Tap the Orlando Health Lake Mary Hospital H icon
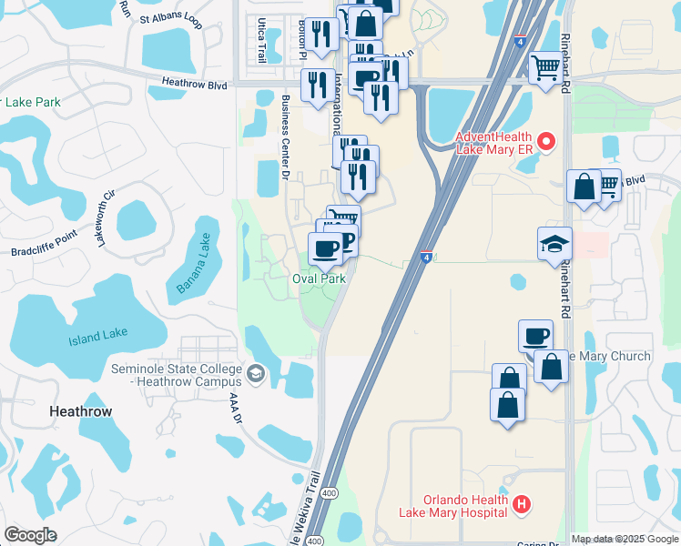[521, 503]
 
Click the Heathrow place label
[80, 411]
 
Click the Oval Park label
[319, 278]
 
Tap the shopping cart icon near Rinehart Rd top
[545, 66]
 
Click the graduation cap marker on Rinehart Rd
[554, 244]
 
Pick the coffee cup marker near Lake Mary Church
[536, 337]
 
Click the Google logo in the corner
[30, 535]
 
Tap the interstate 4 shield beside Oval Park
[426, 258]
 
